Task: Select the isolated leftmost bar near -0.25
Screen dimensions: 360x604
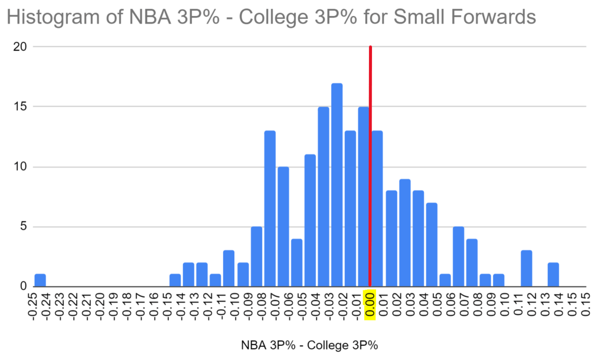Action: (40, 280)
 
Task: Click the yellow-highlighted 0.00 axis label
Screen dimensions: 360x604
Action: (370, 306)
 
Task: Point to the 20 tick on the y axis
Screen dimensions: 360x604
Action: (21, 47)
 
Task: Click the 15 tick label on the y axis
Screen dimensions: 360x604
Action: (21, 107)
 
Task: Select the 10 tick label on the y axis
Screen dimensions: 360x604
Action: (21, 167)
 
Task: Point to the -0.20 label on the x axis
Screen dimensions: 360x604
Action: (103, 306)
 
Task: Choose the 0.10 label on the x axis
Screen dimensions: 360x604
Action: (504, 306)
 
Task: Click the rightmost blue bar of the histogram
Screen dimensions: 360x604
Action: (553, 274)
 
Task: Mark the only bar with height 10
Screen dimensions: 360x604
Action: (283, 227)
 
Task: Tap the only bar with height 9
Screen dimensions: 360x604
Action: (404, 233)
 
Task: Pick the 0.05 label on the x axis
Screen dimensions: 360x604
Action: (437, 306)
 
